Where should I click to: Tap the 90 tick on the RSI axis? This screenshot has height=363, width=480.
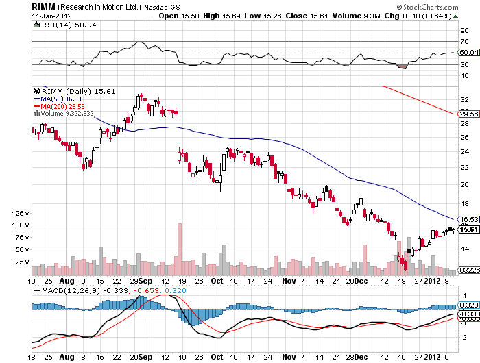pyautogui.click(x=464, y=30)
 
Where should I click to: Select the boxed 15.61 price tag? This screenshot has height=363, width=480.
pyautogui.click(x=468, y=229)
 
